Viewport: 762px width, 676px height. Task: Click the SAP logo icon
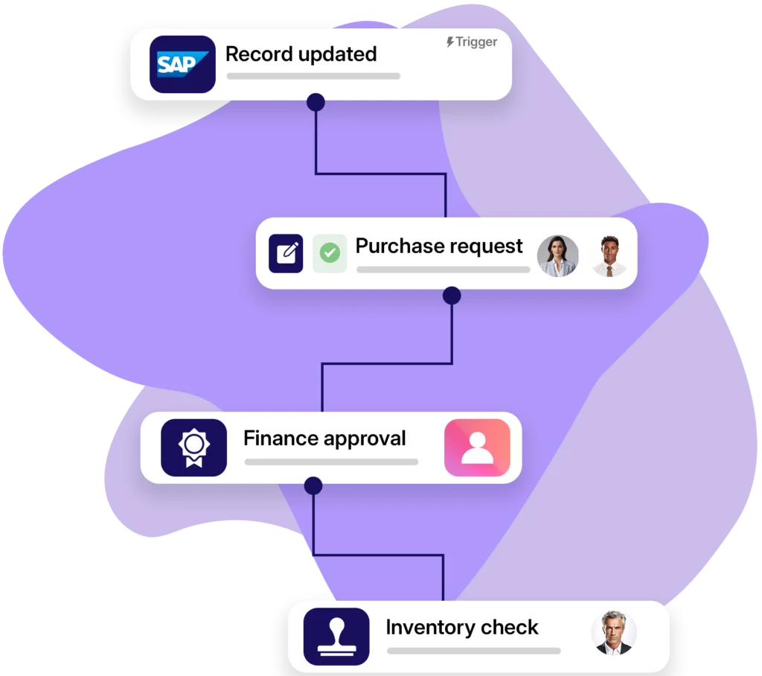click(x=182, y=64)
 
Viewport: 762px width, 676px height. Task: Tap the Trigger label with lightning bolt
click(x=472, y=42)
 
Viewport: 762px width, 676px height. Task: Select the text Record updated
click(x=301, y=54)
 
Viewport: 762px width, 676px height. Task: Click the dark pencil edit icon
click(x=286, y=253)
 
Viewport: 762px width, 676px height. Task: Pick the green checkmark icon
click(x=330, y=253)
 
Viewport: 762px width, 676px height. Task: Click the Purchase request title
click(x=439, y=246)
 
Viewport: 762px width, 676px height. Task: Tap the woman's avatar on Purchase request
click(x=558, y=256)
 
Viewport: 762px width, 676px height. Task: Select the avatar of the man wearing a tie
click(x=609, y=256)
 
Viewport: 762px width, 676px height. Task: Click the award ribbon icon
click(x=193, y=447)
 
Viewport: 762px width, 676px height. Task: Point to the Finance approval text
click(x=324, y=439)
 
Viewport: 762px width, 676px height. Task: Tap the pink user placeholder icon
click(x=477, y=447)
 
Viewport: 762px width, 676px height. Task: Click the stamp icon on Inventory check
click(x=336, y=637)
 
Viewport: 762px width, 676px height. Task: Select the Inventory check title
click(x=461, y=628)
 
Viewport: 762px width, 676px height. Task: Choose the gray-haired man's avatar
click(x=614, y=634)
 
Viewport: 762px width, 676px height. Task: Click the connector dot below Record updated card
click(x=316, y=103)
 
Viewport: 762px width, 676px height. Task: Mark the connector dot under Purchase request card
click(x=452, y=296)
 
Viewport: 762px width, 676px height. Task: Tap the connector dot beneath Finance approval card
click(x=313, y=486)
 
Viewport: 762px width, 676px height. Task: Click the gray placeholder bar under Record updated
click(x=313, y=76)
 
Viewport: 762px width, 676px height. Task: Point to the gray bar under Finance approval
click(x=331, y=462)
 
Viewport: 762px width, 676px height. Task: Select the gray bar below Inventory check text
click(x=473, y=651)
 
